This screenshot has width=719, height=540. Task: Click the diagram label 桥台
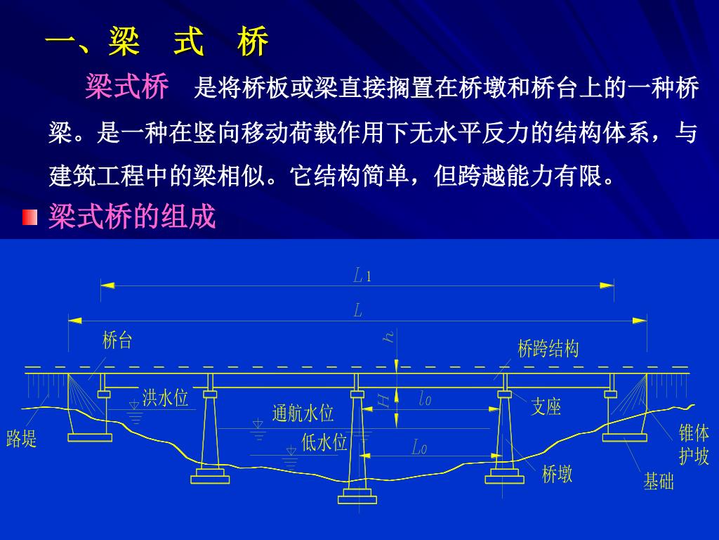pos(117,341)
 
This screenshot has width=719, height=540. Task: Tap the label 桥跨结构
pos(548,348)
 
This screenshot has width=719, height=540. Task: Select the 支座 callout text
pos(546,406)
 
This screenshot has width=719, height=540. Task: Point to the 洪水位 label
pos(166,399)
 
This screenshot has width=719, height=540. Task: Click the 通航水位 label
pos(303,413)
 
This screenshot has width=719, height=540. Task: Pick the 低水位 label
pos(324,443)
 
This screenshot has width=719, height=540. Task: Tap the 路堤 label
pos(22,439)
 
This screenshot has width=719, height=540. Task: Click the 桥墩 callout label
pos(557,474)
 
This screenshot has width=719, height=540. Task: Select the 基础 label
pos(659,481)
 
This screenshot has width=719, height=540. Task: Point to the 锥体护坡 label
pos(694,444)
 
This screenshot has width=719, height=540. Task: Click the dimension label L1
pos(362,276)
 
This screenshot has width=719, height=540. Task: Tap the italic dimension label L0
pos(419,446)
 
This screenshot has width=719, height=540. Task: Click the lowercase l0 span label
pos(425,399)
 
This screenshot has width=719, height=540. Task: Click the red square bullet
pos(29,217)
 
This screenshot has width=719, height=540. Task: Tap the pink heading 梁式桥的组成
pos(131,217)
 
